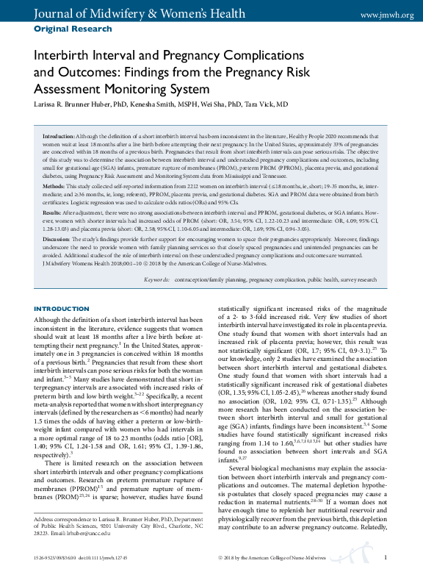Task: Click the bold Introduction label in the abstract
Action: pos(58,137)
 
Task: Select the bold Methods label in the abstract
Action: pos(55,187)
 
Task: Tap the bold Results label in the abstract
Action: pos(54,212)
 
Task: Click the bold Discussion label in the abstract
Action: pos(57,238)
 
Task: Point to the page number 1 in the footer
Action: pos(386,559)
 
